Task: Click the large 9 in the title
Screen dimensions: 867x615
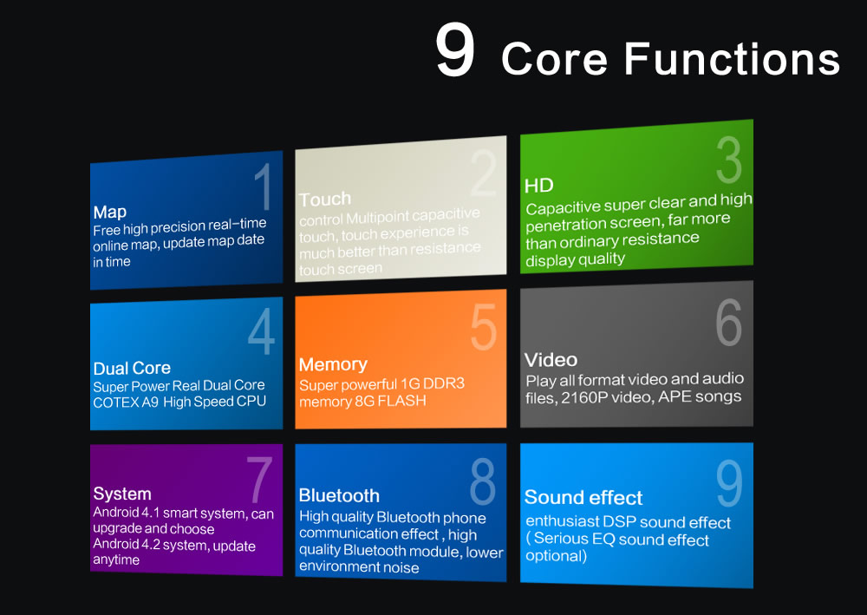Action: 454,50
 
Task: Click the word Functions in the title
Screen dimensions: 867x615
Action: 732,59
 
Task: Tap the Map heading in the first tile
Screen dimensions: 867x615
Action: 110,213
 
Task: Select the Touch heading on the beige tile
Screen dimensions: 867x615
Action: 325,200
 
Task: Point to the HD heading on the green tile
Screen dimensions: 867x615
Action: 539,186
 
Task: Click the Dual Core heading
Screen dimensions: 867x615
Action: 132,369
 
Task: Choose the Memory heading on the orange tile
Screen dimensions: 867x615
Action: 333,364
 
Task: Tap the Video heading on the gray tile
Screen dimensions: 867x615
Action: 551,360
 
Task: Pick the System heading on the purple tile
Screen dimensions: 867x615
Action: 122,494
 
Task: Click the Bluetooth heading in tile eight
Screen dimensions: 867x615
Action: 339,495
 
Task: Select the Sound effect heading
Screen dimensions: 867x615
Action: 583,498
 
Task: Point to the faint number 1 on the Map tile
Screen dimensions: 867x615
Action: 264,187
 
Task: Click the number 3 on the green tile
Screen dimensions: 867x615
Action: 729,160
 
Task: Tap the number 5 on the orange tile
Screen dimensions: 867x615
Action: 483,327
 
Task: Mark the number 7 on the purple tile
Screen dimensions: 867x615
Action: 259,480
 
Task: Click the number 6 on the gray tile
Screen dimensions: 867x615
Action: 729,323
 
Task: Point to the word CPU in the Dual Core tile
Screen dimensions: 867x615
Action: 251,401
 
